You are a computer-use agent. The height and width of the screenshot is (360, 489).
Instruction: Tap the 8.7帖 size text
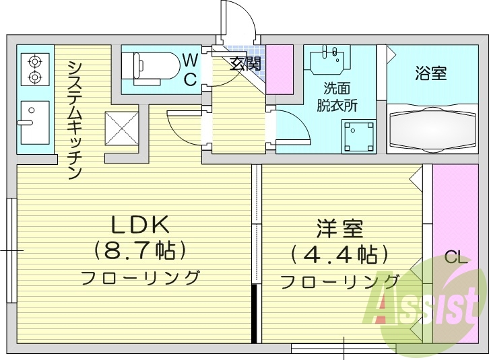[x=139, y=251]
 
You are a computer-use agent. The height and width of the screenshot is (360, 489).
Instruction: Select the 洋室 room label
[x=339, y=229]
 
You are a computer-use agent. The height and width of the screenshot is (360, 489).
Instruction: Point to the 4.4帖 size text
[x=339, y=254]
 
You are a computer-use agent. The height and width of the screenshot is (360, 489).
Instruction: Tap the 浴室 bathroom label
[x=430, y=73]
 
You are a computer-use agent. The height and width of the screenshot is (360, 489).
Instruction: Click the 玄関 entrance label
[x=245, y=65]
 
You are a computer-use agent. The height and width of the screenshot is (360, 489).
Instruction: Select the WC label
[x=191, y=69]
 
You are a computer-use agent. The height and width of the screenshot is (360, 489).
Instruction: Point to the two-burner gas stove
[x=34, y=69]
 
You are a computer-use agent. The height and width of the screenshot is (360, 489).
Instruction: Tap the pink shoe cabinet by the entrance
[x=280, y=69]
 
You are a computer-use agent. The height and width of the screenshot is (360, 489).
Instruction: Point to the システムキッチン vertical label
[x=75, y=119]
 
